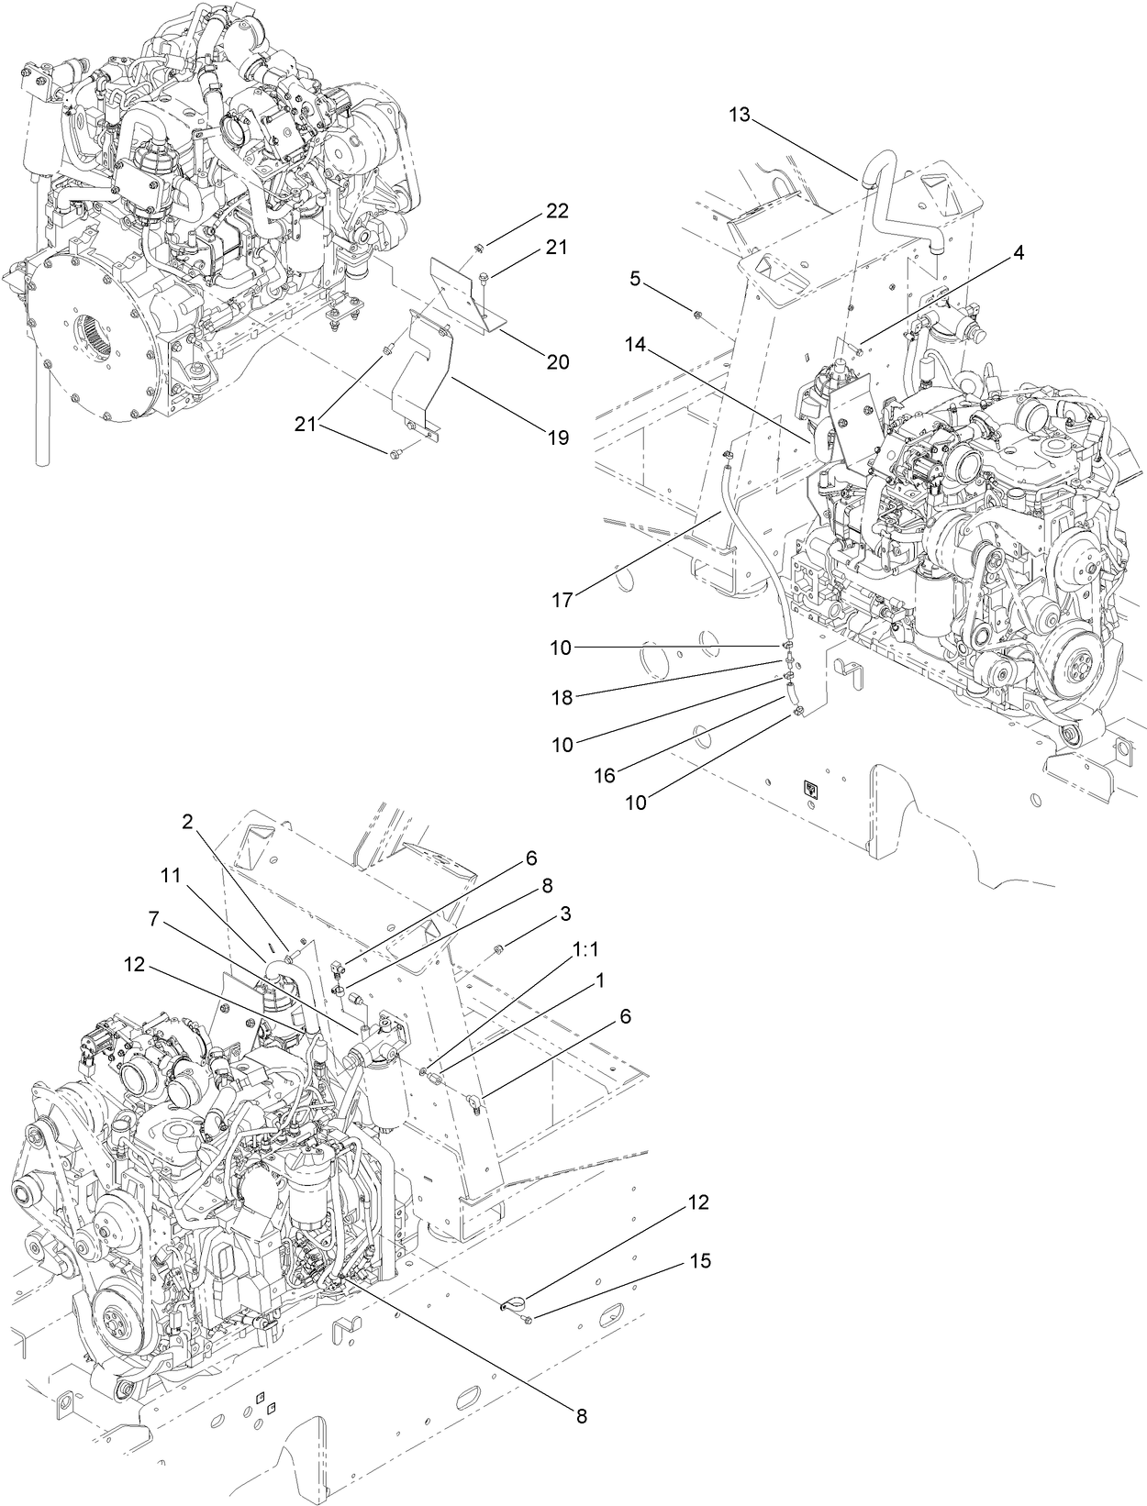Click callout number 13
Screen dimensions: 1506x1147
tap(740, 115)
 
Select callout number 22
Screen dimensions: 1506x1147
tap(557, 211)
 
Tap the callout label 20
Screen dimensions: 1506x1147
tap(557, 362)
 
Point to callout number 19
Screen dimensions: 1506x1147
tap(557, 437)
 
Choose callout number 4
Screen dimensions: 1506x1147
tap(1018, 255)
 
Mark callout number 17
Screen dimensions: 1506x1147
tap(562, 600)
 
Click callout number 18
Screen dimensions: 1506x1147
tap(562, 697)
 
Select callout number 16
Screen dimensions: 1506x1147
tap(603, 775)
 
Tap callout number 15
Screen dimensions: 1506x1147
tap(699, 1262)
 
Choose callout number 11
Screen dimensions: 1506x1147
tap(171, 876)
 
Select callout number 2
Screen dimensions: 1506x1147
tap(187, 822)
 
